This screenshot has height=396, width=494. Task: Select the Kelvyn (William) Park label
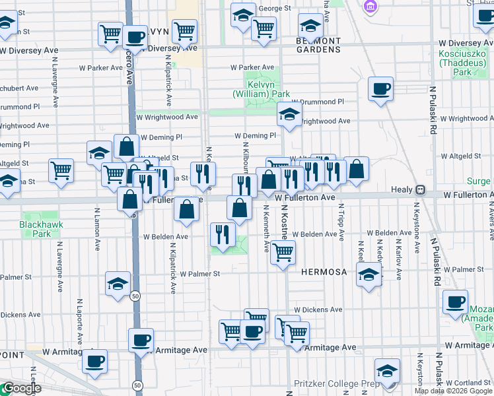(x=261, y=90)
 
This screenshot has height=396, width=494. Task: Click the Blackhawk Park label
(x=35, y=229)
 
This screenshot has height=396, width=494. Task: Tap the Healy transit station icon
(x=419, y=189)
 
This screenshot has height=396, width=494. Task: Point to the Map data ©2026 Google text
(x=453, y=391)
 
